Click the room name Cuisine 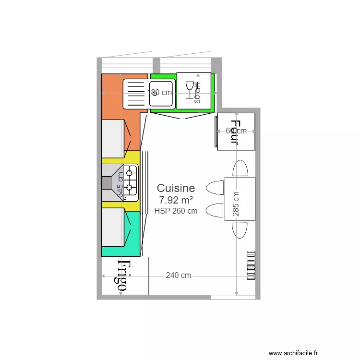[x=176, y=188]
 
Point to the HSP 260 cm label [x=176, y=211]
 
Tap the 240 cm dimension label [x=178, y=276]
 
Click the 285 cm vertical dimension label [x=236, y=204]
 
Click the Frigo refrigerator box [x=125, y=276]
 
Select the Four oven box [x=236, y=132]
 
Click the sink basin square [x=161, y=93]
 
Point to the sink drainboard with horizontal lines [x=135, y=93]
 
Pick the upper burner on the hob [x=130, y=173]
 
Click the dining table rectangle [x=240, y=199]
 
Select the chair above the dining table [x=240, y=169]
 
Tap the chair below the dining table [x=240, y=229]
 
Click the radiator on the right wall [x=251, y=265]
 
